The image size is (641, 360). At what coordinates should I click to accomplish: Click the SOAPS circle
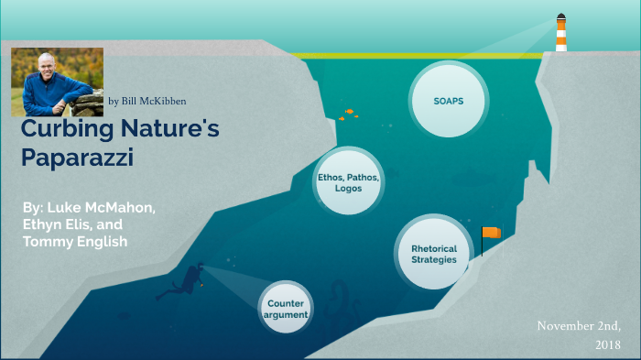447,100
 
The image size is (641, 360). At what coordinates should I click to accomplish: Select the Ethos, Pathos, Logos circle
348,181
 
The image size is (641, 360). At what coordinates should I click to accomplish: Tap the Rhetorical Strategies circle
433,253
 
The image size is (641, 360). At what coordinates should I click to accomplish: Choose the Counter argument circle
287,309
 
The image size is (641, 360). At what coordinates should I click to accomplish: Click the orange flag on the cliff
491,234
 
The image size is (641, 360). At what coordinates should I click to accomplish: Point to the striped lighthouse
560,33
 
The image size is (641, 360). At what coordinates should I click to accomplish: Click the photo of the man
57,82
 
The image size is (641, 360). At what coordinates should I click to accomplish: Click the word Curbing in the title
60,130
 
